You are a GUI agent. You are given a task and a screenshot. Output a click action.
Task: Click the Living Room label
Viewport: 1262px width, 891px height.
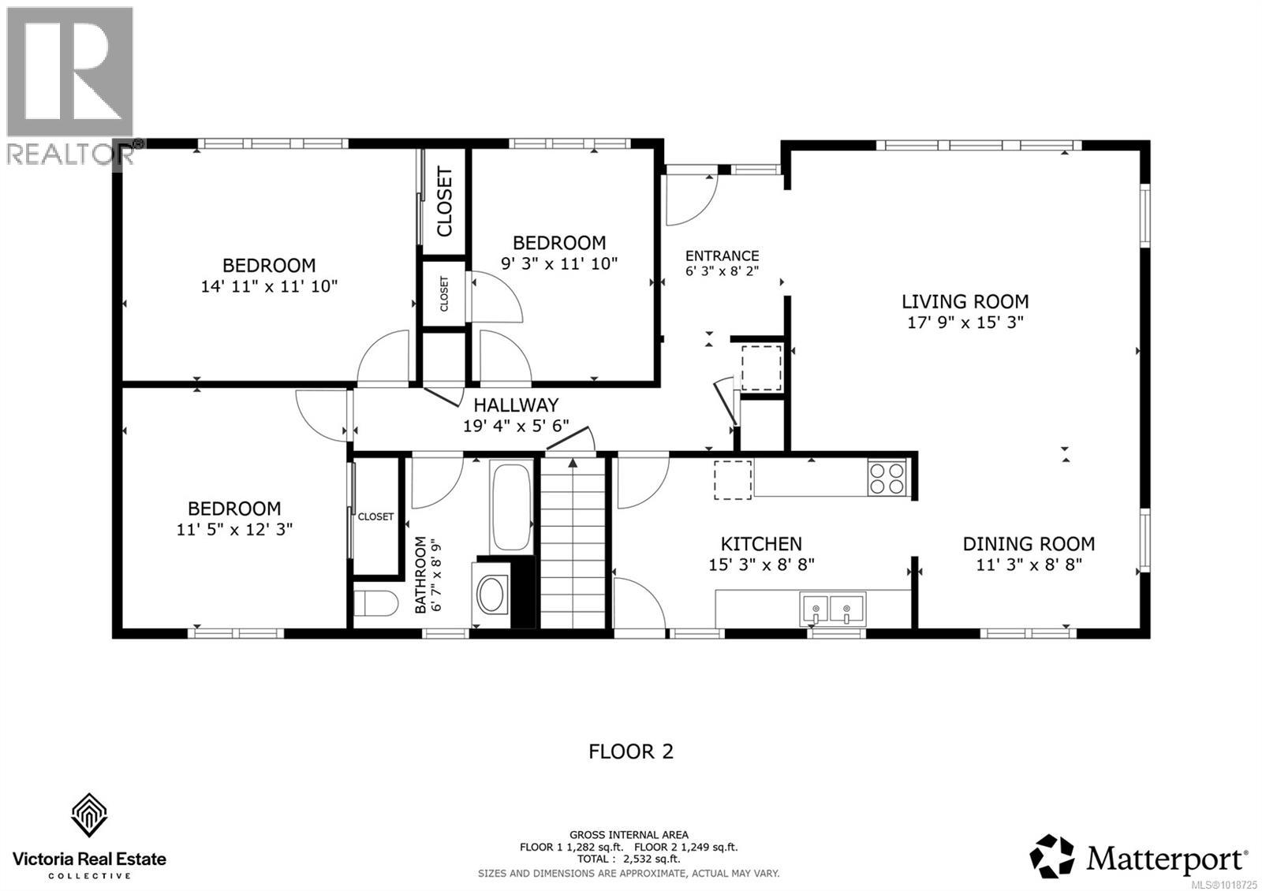coord(965,301)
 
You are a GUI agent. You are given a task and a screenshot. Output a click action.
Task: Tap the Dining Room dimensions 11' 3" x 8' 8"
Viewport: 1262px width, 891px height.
coord(1029,565)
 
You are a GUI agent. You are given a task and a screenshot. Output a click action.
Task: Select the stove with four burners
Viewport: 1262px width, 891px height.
coord(887,478)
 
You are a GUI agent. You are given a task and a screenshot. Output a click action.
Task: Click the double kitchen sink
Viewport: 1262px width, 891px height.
coord(832,609)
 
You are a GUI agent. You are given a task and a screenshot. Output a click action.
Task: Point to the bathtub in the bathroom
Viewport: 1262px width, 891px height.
coord(510,507)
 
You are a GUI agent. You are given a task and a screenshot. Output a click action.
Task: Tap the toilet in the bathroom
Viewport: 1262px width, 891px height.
coord(375,606)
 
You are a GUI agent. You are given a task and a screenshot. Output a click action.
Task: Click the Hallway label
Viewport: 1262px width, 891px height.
coord(516,405)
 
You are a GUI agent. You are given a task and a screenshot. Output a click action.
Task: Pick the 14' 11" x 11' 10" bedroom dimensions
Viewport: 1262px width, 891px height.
coord(269,286)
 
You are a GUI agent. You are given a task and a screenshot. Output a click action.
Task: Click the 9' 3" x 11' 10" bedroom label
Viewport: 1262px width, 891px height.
coord(559,243)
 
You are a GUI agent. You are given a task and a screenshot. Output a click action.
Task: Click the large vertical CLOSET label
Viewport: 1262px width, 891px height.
coord(445,201)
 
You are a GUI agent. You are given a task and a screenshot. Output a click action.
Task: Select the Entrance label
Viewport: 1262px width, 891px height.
coord(722,255)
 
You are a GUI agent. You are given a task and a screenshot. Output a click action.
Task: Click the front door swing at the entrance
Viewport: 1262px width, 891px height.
coord(691,197)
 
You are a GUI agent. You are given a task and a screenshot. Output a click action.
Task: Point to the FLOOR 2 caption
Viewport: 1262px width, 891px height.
coord(631,751)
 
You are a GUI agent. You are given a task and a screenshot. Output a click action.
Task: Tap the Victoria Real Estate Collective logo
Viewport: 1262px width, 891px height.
coord(89,837)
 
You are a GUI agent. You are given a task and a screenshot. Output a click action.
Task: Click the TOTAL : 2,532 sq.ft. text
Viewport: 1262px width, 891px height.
coord(628,859)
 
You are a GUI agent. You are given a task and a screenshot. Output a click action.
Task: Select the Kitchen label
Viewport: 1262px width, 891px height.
coord(761,544)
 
